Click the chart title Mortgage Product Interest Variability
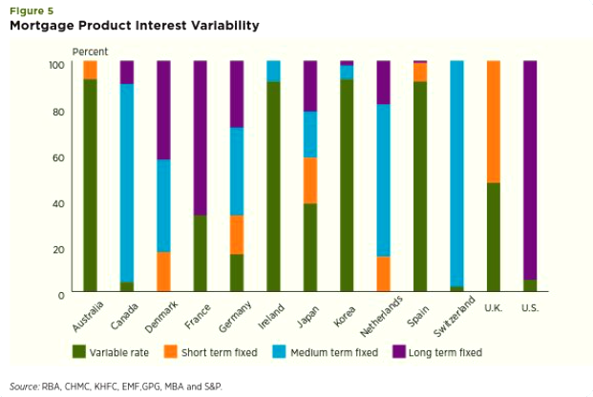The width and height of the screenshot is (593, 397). [x=134, y=26]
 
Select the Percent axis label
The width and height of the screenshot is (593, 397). [x=90, y=51]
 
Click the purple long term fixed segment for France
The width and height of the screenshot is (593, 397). [x=201, y=138]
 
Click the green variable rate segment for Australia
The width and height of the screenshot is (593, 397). [x=90, y=185]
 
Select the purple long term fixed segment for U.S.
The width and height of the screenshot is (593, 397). [x=530, y=171]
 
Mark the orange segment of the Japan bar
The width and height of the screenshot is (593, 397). [x=310, y=180]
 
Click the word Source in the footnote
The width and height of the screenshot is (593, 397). [x=25, y=387]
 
